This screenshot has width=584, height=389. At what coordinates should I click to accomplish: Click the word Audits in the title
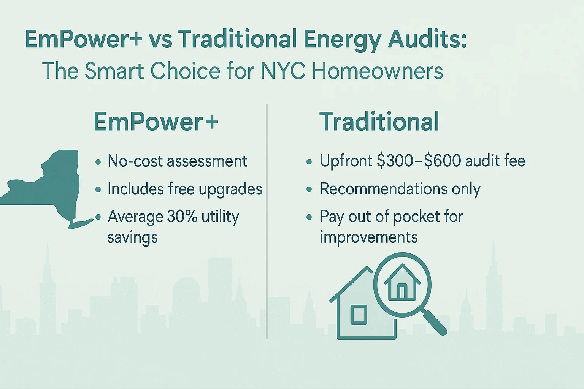(427, 39)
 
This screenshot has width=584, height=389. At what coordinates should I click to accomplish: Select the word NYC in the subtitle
(283, 71)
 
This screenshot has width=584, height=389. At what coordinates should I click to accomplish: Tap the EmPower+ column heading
(156, 122)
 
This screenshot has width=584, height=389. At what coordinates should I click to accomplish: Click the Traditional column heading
(379, 122)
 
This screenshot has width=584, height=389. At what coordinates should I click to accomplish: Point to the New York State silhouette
(52, 188)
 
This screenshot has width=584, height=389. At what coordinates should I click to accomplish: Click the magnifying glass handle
(434, 322)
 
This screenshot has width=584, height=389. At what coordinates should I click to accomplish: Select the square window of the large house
(359, 315)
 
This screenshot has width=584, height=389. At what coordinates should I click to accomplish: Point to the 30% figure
(182, 216)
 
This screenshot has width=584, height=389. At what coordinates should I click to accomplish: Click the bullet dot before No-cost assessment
(98, 162)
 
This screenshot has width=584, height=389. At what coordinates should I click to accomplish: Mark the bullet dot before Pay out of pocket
(309, 217)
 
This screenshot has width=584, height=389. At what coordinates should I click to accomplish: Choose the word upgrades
(230, 189)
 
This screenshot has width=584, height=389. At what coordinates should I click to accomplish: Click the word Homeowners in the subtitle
(377, 71)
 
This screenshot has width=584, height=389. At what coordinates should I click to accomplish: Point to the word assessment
(207, 161)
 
